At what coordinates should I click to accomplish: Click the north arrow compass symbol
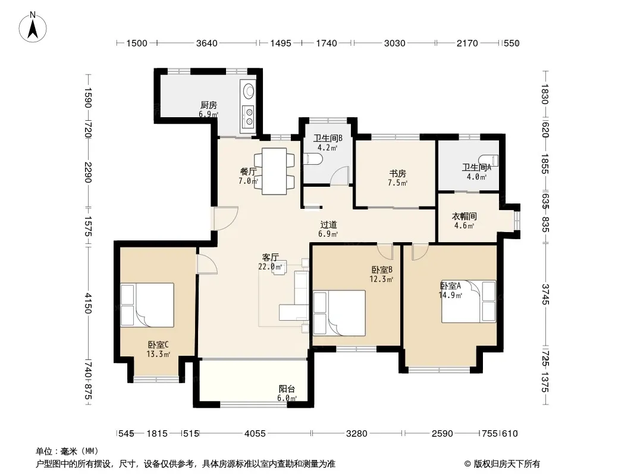pyautogui.click(x=33, y=27)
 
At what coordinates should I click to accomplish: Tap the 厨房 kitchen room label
pyautogui.click(x=209, y=105)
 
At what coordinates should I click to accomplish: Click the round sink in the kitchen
pyautogui.click(x=247, y=90)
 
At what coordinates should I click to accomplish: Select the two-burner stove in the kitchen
pyautogui.click(x=247, y=115)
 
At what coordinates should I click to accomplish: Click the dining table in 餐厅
pyautogui.click(x=274, y=171)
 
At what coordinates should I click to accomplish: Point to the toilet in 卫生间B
pyautogui.click(x=313, y=159)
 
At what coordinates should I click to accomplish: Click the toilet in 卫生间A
pyautogui.click(x=488, y=161)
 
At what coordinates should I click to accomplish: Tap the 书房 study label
pyautogui.click(x=397, y=174)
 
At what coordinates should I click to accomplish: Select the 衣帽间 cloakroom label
pyautogui.click(x=464, y=217)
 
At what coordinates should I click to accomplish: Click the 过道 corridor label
pyautogui.click(x=328, y=225)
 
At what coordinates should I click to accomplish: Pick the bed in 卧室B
pyautogui.click(x=339, y=312)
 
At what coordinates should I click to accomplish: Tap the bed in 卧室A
pyautogui.click(x=469, y=302)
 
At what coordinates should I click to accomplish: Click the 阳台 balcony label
pyautogui.click(x=287, y=389)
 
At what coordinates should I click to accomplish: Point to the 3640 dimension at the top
pyautogui.click(x=206, y=43)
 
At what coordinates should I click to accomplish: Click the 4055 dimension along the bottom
pyautogui.click(x=255, y=434)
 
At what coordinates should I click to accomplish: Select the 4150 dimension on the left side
pyautogui.click(x=88, y=303)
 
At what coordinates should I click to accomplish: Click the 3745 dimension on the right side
pyautogui.click(x=545, y=295)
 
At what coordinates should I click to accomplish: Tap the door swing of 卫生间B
pyautogui.click(x=340, y=176)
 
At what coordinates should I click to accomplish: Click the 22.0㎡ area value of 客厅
pyautogui.click(x=270, y=267)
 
